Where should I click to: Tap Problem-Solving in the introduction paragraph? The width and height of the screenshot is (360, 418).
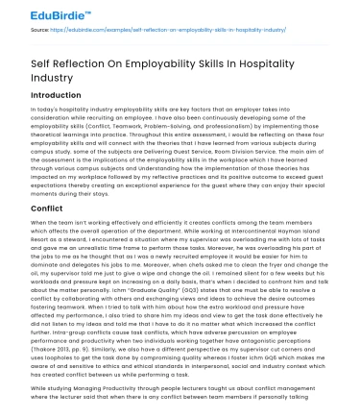[x=183, y=125]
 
